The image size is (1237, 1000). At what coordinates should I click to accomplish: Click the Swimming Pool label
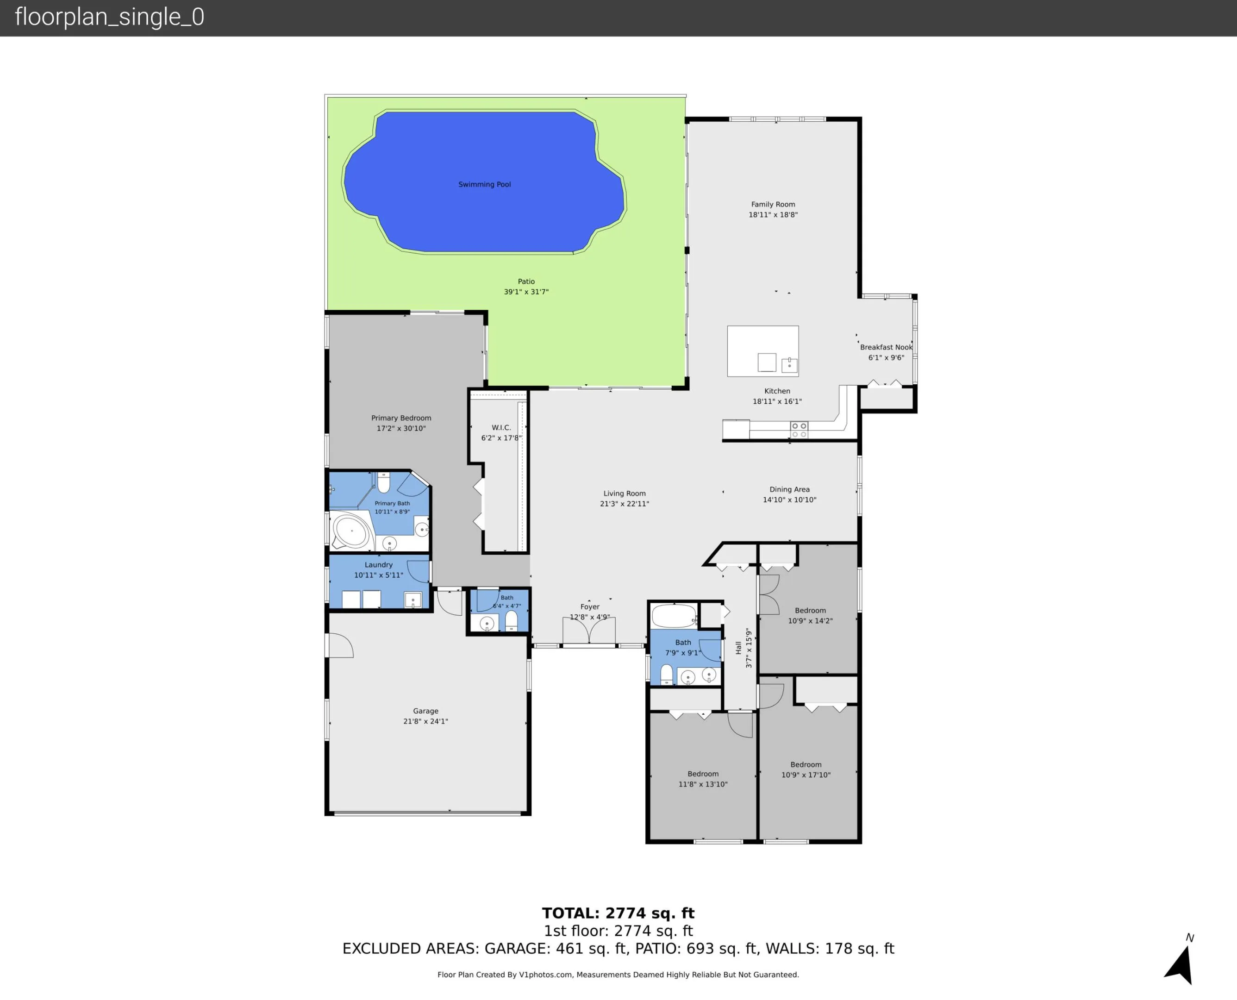[x=484, y=184]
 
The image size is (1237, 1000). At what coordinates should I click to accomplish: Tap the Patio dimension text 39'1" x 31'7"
[x=526, y=292]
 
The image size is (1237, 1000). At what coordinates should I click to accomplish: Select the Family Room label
[x=773, y=205]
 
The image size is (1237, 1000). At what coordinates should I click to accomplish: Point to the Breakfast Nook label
[x=886, y=347]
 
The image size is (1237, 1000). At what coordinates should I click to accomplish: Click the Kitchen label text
[x=777, y=391]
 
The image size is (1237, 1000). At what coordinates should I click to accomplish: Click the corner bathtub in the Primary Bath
[x=351, y=531]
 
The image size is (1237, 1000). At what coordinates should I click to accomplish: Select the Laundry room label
[x=378, y=565]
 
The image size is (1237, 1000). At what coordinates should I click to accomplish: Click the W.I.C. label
[x=501, y=427]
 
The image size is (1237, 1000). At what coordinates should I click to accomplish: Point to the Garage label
[x=425, y=711]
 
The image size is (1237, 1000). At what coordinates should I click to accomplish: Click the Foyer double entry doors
[x=588, y=631]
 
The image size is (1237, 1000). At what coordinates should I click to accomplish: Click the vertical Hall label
[x=738, y=648]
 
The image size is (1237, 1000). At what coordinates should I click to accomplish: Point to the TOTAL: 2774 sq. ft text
[x=618, y=913]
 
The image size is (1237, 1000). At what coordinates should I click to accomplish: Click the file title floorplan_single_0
[x=109, y=17]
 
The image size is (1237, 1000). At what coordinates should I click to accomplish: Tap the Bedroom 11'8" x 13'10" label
[x=703, y=774]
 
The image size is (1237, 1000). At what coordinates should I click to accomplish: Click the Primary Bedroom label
[x=401, y=418]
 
